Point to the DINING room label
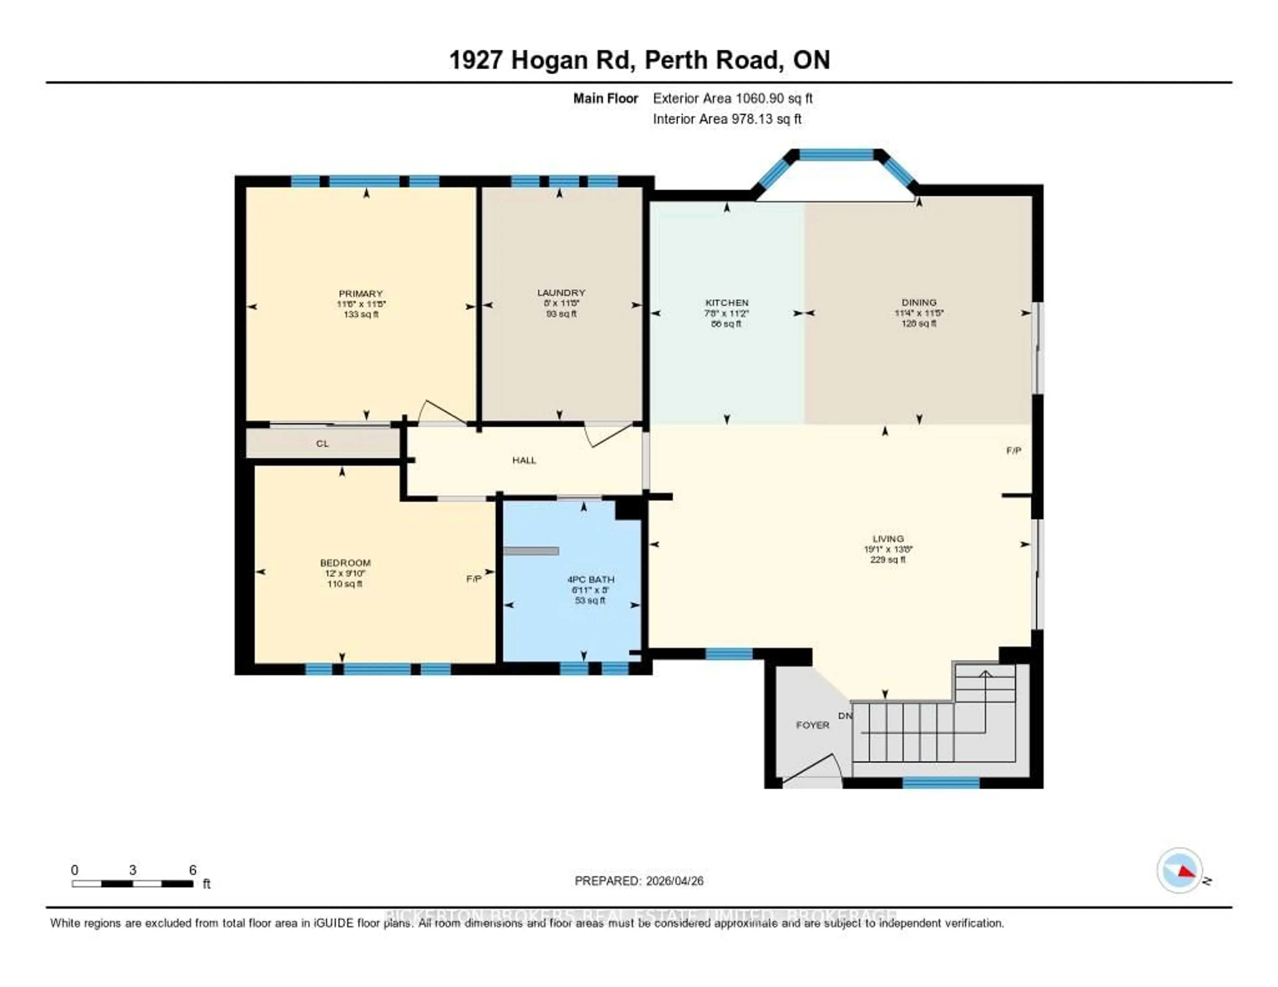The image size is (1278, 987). pos(919,302)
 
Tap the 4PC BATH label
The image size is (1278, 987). pos(590,579)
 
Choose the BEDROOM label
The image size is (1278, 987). pos(345,563)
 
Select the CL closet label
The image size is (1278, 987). pos(322,444)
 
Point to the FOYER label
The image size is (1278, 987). pos(812,725)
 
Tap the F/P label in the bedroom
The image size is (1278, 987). pos(473,579)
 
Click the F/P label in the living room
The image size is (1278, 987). pos(1013,451)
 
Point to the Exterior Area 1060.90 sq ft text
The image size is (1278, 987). pos(733,98)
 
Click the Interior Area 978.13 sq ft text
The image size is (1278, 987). pos(727,119)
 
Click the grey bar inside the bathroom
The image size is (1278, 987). pos(531,551)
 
